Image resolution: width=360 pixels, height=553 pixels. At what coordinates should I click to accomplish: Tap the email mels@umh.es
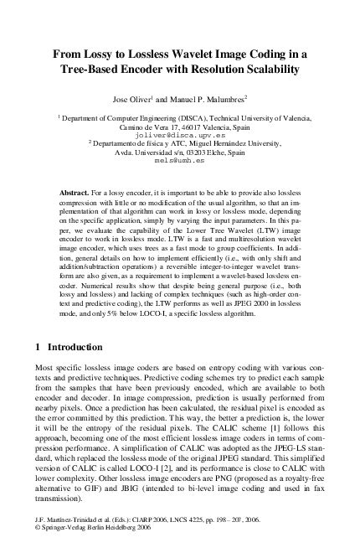click(180, 164)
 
